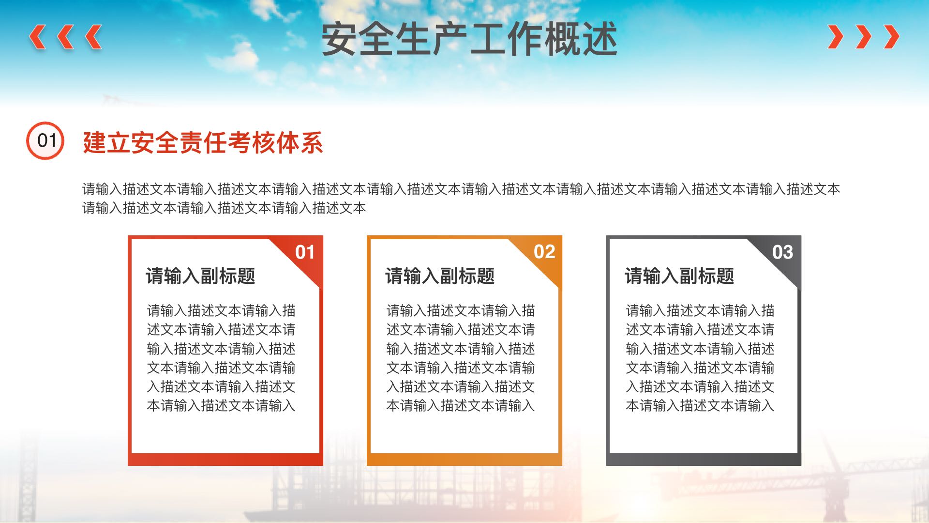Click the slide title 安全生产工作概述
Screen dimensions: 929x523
point(469,39)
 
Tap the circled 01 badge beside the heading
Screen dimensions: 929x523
point(45,140)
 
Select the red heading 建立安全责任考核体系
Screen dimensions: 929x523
point(203,142)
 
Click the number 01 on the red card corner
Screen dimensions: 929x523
point(305,252)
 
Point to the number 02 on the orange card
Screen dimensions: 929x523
point(544,252)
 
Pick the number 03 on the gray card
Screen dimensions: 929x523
point(783,252)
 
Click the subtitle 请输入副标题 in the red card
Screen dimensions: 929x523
point(200,276)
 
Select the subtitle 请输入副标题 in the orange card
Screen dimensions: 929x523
point(440,276)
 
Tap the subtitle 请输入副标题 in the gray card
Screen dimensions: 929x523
point(679,276)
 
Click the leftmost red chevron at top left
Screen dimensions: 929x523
point(38,37)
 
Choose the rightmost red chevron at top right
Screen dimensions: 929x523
point(891,37)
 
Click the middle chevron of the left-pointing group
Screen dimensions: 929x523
point(66,37)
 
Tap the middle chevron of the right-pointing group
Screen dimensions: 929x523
point(864,37)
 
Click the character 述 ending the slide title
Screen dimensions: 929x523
point(600,39)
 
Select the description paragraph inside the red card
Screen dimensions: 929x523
point(221,358)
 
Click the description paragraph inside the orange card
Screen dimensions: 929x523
point(461,358)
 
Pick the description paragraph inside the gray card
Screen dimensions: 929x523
point(700,358)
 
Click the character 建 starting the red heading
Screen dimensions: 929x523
point(94,142)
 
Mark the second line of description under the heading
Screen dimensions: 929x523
point(224,208)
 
